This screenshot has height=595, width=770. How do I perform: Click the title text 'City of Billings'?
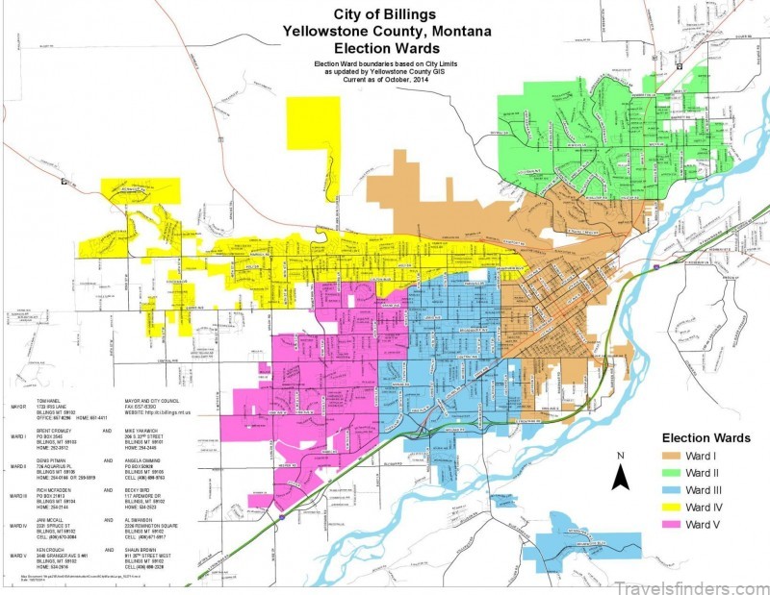click(384, 14)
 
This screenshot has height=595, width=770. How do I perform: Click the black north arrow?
click(621, 474)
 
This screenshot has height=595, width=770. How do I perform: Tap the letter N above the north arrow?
click(621, 455)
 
